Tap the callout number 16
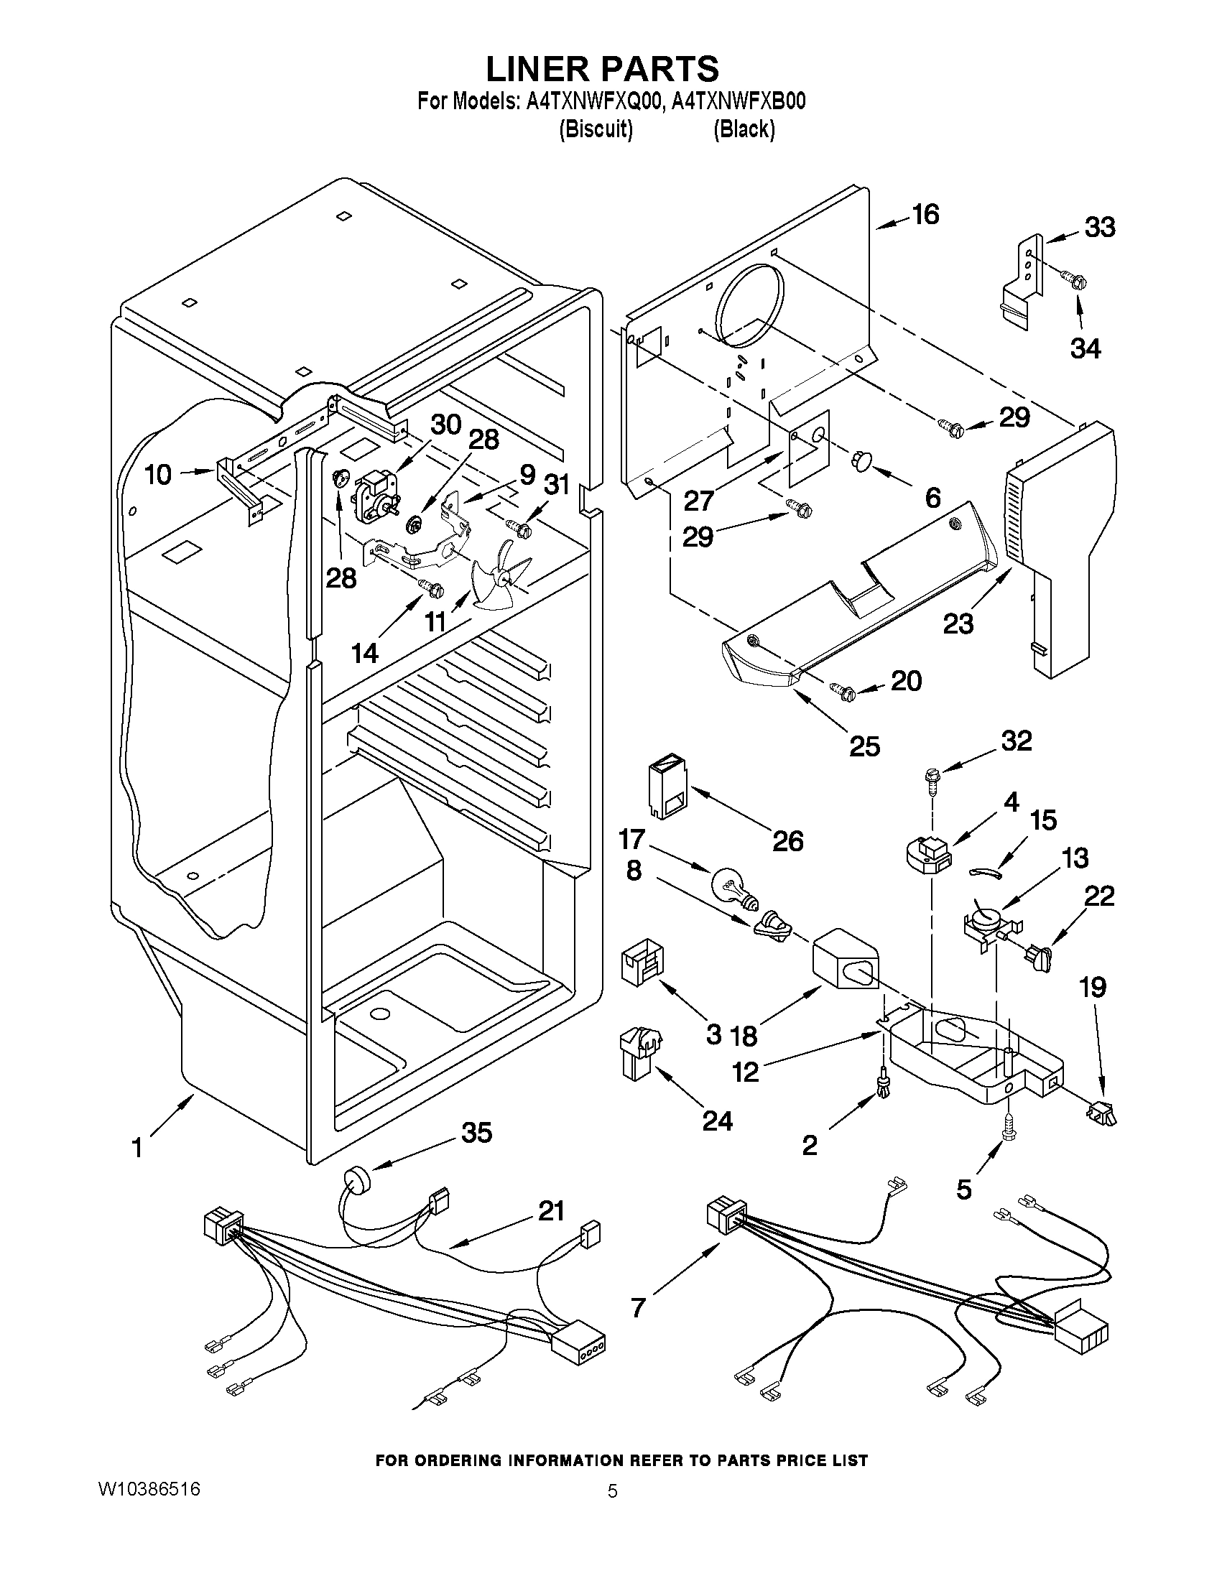click(925, 215)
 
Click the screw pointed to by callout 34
click(1072, 278)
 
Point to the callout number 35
click(476, 1133)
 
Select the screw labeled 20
click(841, 690)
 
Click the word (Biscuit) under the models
click(596, 129)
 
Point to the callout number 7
click(638, 1307)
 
